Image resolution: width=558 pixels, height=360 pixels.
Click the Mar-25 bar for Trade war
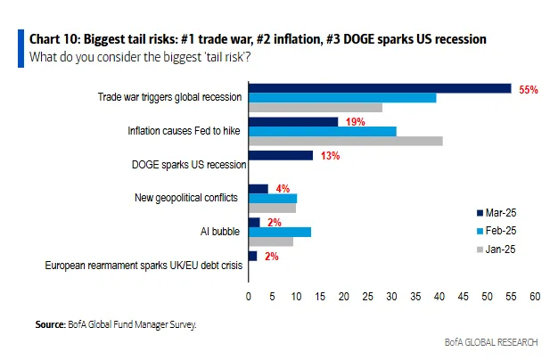click(x=379, y=88)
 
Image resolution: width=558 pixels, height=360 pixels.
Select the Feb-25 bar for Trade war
click(x=341, y=97)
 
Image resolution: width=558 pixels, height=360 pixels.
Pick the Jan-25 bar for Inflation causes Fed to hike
click(x=345, y=141)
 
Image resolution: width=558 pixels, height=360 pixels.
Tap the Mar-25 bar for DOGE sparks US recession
click(x=280, y=155)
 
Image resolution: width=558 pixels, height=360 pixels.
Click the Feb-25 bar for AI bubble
click(x=279, y=232)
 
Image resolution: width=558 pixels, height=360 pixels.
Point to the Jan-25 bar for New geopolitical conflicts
click(x=272, y=208)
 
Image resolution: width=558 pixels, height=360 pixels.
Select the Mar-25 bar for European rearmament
click(x=252, y=256)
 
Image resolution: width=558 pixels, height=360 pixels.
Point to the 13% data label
click(x=331, y=155)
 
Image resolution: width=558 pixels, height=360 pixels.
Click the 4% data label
click(x=283, y=188)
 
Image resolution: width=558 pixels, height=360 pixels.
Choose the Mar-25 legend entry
click(x=495, y=212)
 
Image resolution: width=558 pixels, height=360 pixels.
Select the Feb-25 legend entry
click(x=495, y=230)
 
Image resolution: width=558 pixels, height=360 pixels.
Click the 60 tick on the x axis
click(x=535, y=296)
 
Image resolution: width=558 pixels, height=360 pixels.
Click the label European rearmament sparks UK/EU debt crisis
click(x=142, y=265)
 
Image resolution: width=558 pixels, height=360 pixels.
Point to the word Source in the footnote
click(x=49, y=324)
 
